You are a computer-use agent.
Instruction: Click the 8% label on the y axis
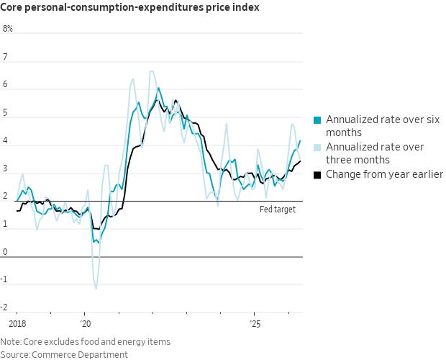[x=8, y=29]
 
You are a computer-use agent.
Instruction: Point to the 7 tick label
[x=5, y=57]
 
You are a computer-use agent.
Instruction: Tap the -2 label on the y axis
[x=4, y=307]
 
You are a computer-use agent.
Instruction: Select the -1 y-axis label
[x=4, y=279]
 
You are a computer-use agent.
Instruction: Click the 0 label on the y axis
[x=5, y=251]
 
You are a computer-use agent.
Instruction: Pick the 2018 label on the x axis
[x=17, y=324]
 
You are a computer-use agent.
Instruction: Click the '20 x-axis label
[x=86, y=324]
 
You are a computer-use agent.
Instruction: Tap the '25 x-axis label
[x=255, y=324]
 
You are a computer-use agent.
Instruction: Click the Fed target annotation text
[x=278, y=210]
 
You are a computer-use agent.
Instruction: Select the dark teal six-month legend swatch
[x=317, y=120]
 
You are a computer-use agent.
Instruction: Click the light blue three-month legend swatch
[x=317, y=148]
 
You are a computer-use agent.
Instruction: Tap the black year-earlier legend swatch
[x=317, y=175]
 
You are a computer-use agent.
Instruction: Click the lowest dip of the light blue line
[x=96, y=289]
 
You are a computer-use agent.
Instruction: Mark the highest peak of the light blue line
[x=152, y=71]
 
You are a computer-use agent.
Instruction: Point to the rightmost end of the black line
[x=301, y=161]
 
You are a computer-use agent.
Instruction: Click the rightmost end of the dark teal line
[x=300, y=140]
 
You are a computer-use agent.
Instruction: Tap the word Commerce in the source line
[x=53, y=355]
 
